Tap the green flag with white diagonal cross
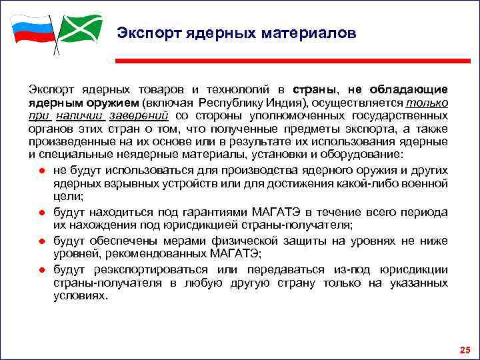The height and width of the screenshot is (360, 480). point(80,29)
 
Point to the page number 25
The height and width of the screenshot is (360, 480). point(465,350)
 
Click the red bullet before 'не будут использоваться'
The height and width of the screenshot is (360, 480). point(41,171)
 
